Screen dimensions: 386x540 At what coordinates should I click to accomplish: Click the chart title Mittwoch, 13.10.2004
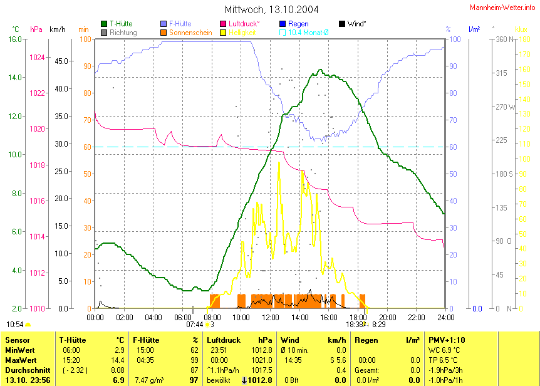point(271,10)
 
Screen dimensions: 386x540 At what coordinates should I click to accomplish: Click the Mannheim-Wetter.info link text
point(501,7)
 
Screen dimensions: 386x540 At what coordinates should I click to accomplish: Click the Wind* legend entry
point(356,24)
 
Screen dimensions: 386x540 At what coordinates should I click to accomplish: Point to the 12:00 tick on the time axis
point(270,318)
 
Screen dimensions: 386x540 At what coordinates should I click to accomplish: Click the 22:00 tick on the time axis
point(417,318)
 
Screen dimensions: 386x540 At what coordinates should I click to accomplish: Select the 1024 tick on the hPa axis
point(38,58)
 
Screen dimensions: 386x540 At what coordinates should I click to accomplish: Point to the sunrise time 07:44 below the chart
point(195,325)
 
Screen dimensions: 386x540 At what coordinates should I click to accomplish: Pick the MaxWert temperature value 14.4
point(117,360)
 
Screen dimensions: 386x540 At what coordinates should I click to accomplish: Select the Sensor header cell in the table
point(18,340)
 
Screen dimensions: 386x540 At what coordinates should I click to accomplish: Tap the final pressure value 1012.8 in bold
point(261,380)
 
